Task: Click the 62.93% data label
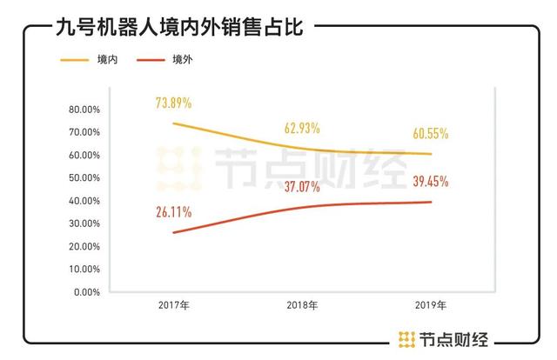pyautogui.click(x=302, y=128)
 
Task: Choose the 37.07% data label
pyautogui.click(x=302, y=186)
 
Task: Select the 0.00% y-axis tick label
pyautogui.click(x=86, y=292)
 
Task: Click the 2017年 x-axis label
pyautogui.click(x=174, y=306)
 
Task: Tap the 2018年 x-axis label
pyautogui.click(x=302, y=306)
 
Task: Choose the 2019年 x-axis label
pyautogui.click(x=431, y=306)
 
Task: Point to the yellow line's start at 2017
pyautogui.click(x=174, y=123)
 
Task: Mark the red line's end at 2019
pyautogui.click(x=433, y=202)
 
